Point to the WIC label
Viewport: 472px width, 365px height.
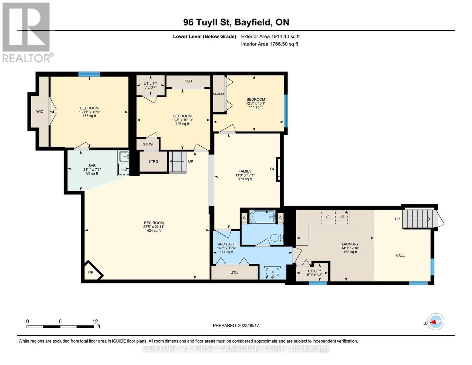pyautogui.click(x=40, y=112)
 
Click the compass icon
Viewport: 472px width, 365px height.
pyautogui.click(x=436, y=322)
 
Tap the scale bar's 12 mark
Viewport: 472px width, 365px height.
pyautogui.click(x=95, y=322)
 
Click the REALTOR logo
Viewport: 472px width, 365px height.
pyautogui.click(x=27, y=32)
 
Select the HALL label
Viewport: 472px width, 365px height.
pyautogui.click(x=400, y=255)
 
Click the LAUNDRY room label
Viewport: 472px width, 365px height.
pyautogui.click(x=350, y=244)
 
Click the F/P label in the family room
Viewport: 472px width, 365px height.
pyautogui.click(x=273, y=169)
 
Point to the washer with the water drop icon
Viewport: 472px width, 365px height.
pyautogui.click(x=328, y=217)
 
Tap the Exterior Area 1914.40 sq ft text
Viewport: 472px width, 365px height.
pyautogui.click(x=270, y=36)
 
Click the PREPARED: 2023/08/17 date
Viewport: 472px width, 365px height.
pyautogui.click(x=236, y=325)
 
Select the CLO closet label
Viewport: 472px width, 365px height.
pyautogui.click(x=188, y=81)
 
